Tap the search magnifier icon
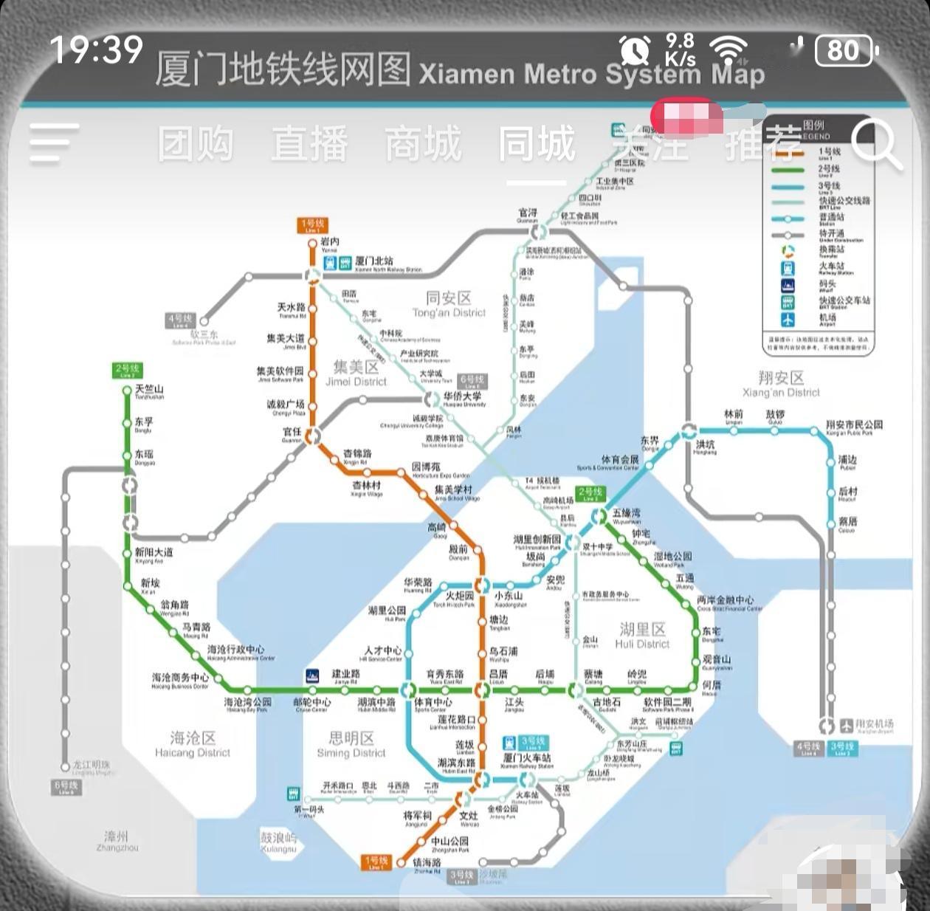point(875,144)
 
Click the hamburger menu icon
point(54,144)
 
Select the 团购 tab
point(196,144)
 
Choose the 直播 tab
point(309,144)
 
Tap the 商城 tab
point(423,144)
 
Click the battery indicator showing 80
point(845,51)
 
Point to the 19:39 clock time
point(96,50)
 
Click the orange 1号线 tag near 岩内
point(313,224)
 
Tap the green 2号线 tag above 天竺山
point(127,370)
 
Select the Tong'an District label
point(449,304)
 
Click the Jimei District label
point(356,374)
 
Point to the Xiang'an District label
point(781,385)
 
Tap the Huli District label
point(642,636)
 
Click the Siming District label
point(351,745)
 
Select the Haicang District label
point(193,744)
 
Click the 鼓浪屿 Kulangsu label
point(278,842)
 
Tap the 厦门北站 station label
point(374,261)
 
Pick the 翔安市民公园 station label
point(854,425)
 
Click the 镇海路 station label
point(427,863)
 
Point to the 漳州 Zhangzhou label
point(117,841)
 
